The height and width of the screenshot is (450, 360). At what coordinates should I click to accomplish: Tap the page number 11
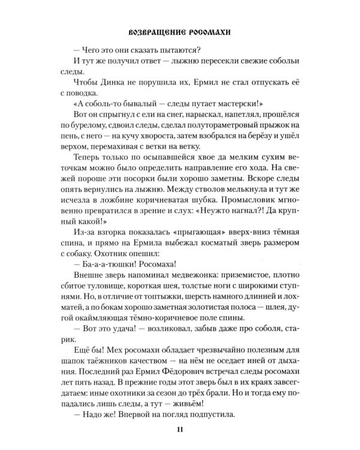(179, 429)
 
